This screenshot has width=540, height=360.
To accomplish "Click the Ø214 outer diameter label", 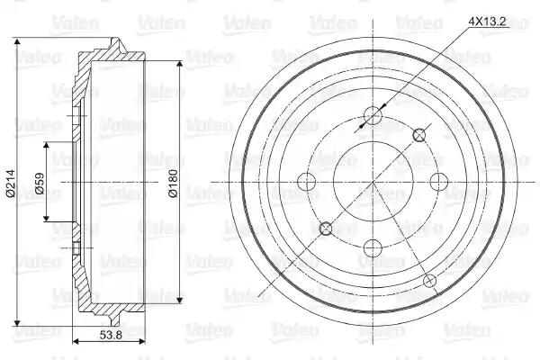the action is [11, 183].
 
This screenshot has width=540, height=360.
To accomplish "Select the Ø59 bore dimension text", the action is [40, 184].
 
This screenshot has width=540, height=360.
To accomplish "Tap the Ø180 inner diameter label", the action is [173, 183].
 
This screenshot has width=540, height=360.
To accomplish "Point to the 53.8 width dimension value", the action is [111, 335].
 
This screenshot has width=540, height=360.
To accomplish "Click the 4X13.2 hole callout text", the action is [487, 22].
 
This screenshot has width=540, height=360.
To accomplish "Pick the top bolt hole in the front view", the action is [373, 115].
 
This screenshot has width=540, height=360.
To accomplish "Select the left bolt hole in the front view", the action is [307, 182].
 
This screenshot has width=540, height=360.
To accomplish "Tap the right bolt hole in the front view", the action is [439, 182].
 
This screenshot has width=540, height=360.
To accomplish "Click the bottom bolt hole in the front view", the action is [373, 248].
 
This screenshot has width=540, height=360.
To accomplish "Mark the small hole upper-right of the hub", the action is [419, 135].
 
